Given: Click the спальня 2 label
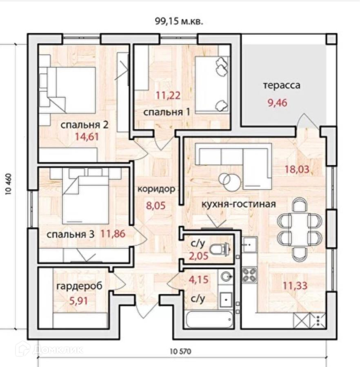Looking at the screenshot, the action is (84, 125).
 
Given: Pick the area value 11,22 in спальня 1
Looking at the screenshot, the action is (168, 96).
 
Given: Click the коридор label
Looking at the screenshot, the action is (156, 189).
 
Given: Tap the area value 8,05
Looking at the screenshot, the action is (156, 206).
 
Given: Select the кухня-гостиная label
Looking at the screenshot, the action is (239, 204).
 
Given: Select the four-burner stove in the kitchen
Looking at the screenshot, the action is (249, 274).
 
